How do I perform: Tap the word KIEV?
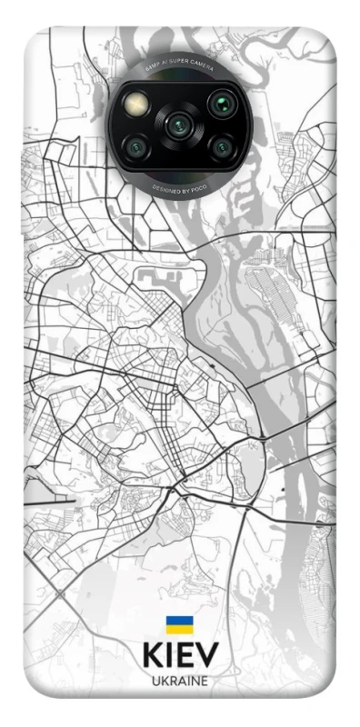pos(180,656)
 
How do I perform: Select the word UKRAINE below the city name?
pos(180,682)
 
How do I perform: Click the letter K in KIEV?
pos(154,656)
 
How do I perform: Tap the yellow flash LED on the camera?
pos(139,103)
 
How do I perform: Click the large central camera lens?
pos(178,124)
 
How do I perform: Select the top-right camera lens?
pos(219,103)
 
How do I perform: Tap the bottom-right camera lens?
pos(219,145)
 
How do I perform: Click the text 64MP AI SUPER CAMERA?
pos(178,66)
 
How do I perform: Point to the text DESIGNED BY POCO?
pos(179,184)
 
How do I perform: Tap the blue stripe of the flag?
pos(179,620)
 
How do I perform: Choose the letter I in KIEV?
pos(171,656)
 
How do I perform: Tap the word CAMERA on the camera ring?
pos(203,69)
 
